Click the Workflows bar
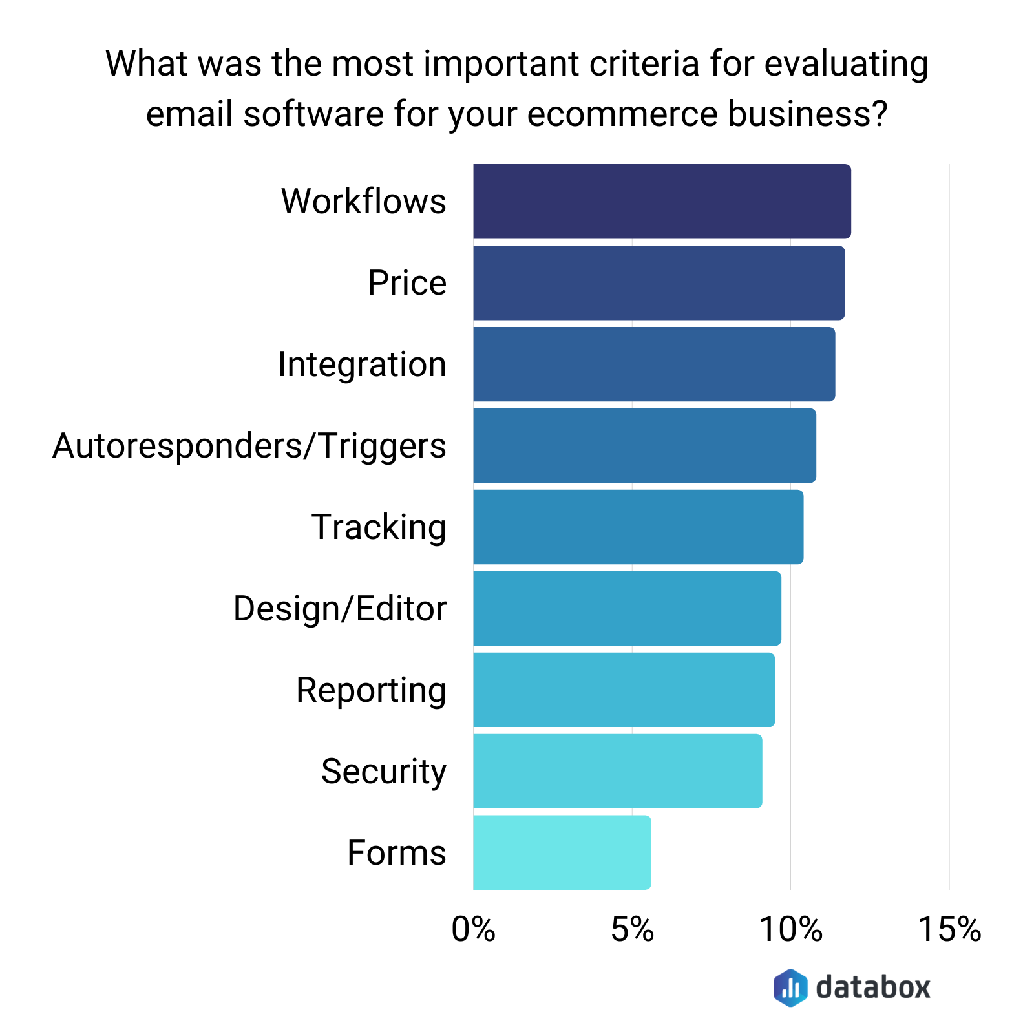(662, 201)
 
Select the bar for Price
(659, 282)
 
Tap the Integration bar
(654, 364)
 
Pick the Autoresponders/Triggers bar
(644, 445)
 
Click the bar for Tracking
(638, 527)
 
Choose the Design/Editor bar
(627, 608)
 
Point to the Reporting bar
(624, 690)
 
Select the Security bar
(617, 771)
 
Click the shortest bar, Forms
(562, 852)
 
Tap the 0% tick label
(473, 930)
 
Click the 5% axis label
(632, 930)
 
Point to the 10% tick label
(790, 930)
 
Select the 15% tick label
(949, 930)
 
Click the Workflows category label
(363, 201)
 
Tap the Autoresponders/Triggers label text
(249, 446)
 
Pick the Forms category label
(396, 852)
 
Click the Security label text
(384, 772)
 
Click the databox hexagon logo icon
(790, 987)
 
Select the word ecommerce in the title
(622, 114)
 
